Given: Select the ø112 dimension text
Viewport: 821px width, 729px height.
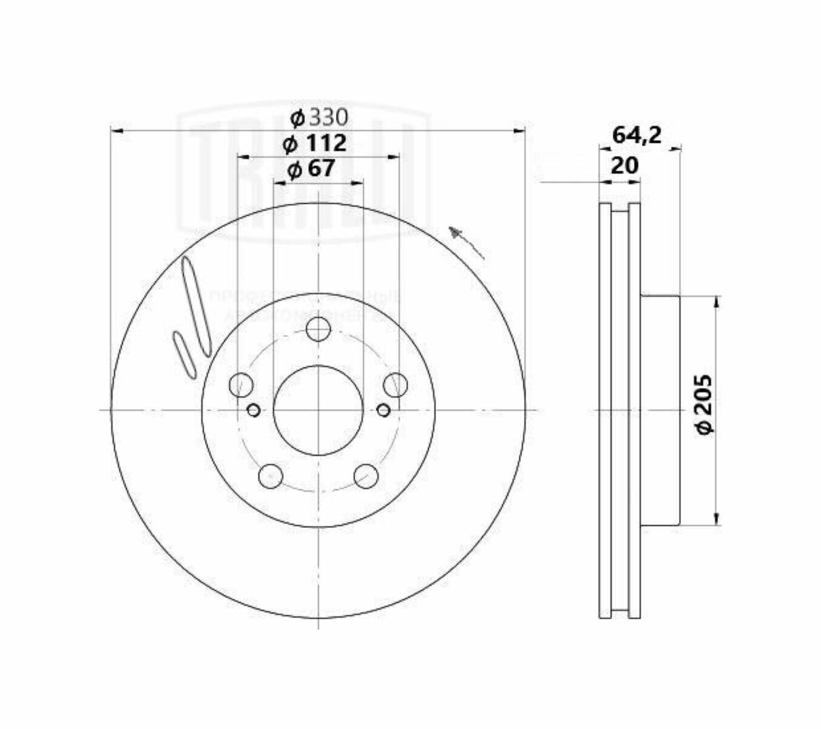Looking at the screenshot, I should pyautogui.click(x=315, y=143).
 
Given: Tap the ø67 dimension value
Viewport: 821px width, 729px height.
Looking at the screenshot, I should pyautogui.click(x=311, y=169).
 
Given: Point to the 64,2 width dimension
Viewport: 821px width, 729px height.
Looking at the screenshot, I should pyautogui.click(x=636, y=135).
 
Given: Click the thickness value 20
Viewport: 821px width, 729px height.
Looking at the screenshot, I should pyautogui.click(x=624, y=165).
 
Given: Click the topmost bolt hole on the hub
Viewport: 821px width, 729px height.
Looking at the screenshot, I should pyautogui.click(x=318, y=330).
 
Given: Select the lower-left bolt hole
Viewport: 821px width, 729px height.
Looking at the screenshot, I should pyautogui.click(x=270, y=476).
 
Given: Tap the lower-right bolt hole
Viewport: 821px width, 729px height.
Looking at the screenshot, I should pyautogui.click(x=366, y=476).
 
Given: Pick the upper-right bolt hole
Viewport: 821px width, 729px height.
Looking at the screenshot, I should pyautogui.click(x=395, y=385).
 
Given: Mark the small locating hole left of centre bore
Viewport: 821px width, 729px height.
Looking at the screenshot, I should pyautogui.click(x=254, y=411).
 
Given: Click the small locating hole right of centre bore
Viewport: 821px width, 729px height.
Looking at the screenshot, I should pyautogui.click(x=383, y=411).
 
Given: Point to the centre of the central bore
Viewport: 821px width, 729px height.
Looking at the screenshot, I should pyautogui.click(x=318, y=411).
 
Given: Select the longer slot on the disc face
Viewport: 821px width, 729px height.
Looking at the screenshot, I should pyautogui.click(x=197, y=306).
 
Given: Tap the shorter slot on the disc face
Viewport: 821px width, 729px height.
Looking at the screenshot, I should pyautogui.click(x=184, y=355).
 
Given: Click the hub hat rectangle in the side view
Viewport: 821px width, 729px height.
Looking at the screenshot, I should pyautogui.click(x=660, y=410).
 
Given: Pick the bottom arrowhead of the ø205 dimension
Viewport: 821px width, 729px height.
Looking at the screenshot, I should pyautogui.click(x=718, y=519).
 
